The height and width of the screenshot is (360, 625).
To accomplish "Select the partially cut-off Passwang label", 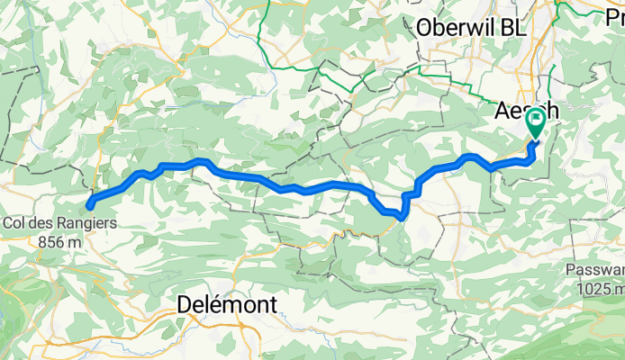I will coord(595,271).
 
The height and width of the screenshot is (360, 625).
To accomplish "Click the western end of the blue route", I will coord(90,206).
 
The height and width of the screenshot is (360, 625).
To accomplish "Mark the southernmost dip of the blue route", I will coord(400,215).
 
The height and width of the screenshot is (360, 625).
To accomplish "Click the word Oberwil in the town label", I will coord(455,28).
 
